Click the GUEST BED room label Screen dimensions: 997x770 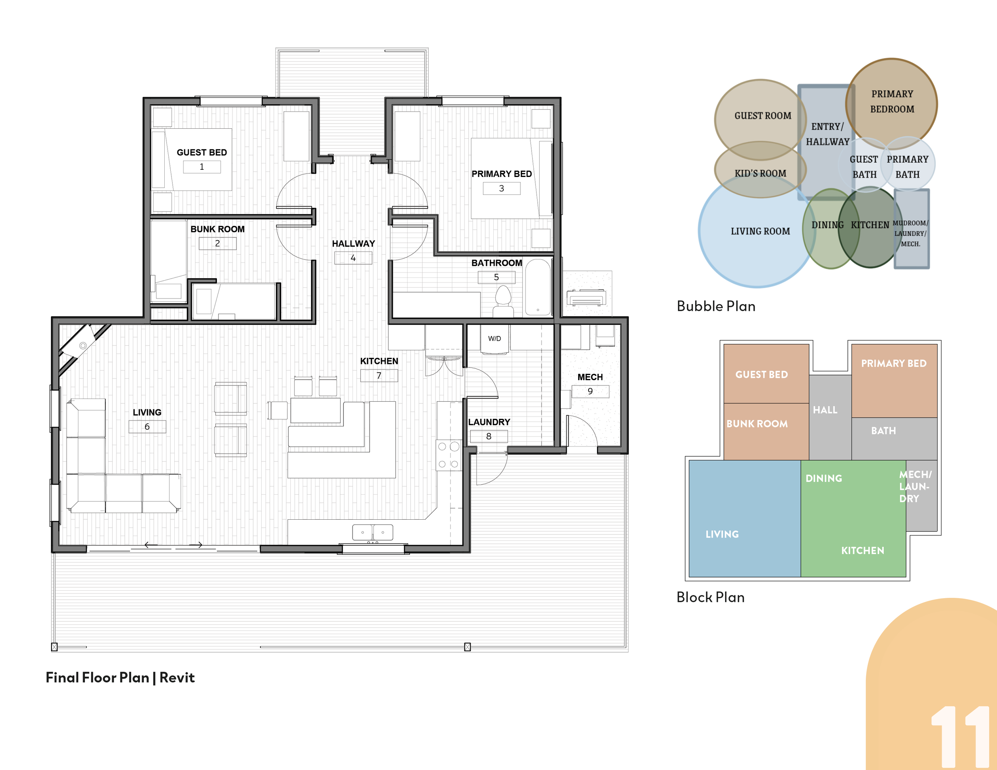point(202,152)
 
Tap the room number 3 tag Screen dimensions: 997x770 point(501,189)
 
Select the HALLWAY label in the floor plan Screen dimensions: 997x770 point(353,244)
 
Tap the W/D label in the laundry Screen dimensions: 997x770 point(495,338)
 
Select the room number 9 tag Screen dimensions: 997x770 point(590,391)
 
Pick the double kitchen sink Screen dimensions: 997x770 point(372,532)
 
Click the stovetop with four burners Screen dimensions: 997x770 point(448,455)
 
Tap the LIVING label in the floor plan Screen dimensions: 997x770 point(147,412)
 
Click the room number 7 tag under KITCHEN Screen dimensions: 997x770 point(379,375)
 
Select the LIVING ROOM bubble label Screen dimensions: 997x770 point(760,231)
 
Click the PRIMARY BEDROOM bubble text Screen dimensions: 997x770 point(892,101)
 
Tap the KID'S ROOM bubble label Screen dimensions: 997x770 point(760,173)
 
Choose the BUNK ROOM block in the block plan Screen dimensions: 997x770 point(766,432)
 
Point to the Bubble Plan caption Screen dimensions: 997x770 point(716,306)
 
